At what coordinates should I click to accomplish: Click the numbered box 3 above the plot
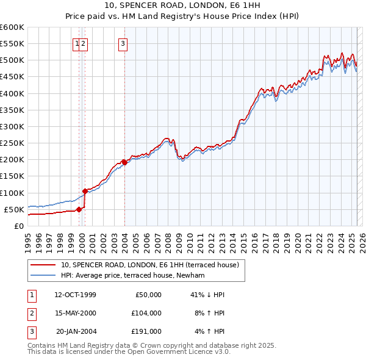123,43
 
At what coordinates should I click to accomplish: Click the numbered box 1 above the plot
77,43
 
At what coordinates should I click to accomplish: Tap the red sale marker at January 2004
124,162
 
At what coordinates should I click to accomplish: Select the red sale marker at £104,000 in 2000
85,191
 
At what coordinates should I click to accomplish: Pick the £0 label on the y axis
18,226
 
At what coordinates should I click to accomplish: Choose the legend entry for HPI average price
132,276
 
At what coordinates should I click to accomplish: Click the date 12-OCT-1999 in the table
76,295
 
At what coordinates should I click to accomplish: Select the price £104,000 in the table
146,313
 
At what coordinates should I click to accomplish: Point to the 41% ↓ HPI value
208,295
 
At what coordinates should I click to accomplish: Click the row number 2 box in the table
30,313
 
